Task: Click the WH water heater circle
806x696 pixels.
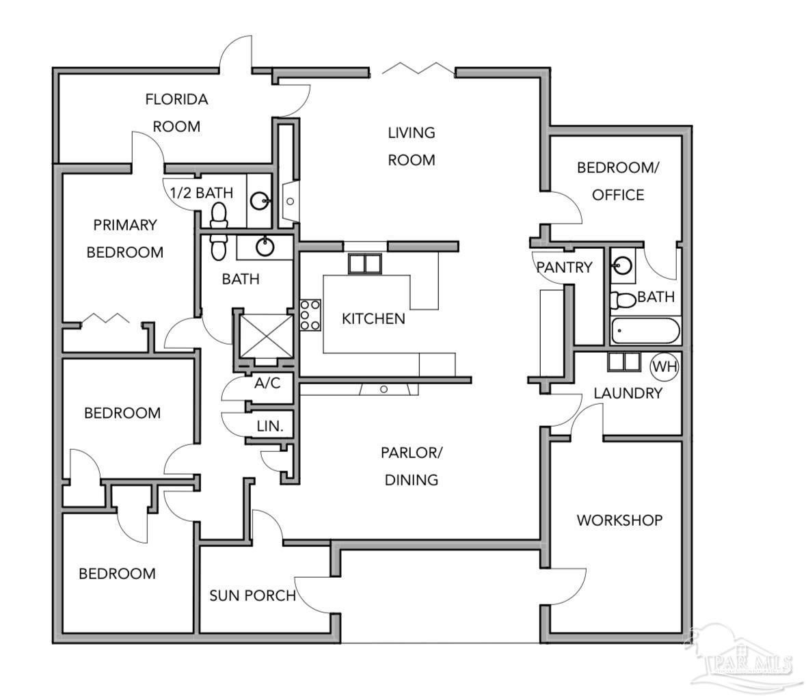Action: pos(664,366)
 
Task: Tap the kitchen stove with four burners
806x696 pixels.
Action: pos(310,315)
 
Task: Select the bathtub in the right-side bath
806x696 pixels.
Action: pos(645,330)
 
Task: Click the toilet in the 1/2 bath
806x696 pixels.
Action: pos(219,215)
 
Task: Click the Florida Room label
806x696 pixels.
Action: pos(176,113)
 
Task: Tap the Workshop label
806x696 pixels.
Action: pos(619,520)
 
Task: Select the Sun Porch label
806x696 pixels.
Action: pos(252,595)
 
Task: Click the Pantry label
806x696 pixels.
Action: pos(565,267)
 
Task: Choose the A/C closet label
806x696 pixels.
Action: pos(267,383)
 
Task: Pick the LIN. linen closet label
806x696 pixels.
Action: pos(270,426)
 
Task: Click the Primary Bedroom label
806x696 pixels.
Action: pos(125,239)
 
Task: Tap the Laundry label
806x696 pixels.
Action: pos(628,393)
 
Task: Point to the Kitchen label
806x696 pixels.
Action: pos(373,319)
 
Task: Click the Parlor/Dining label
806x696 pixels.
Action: pos(412,466)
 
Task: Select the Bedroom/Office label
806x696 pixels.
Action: pos(618,181)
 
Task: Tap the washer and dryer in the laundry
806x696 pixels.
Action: pos(624,362)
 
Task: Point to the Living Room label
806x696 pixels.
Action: pos(412,146)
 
